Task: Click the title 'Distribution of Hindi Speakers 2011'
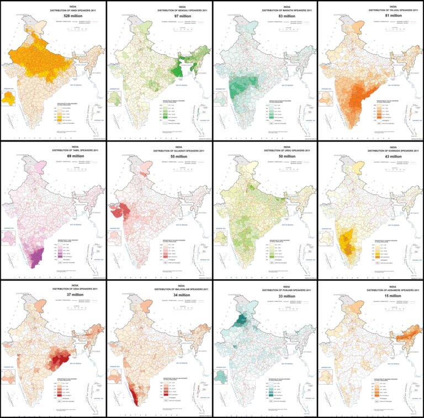pyautogui.click(x=52, y=11)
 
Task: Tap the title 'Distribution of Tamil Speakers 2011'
pyautogui.click(x=52, y=150)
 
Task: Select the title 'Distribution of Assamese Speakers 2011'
pyautogui.click(x=370, y=289)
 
